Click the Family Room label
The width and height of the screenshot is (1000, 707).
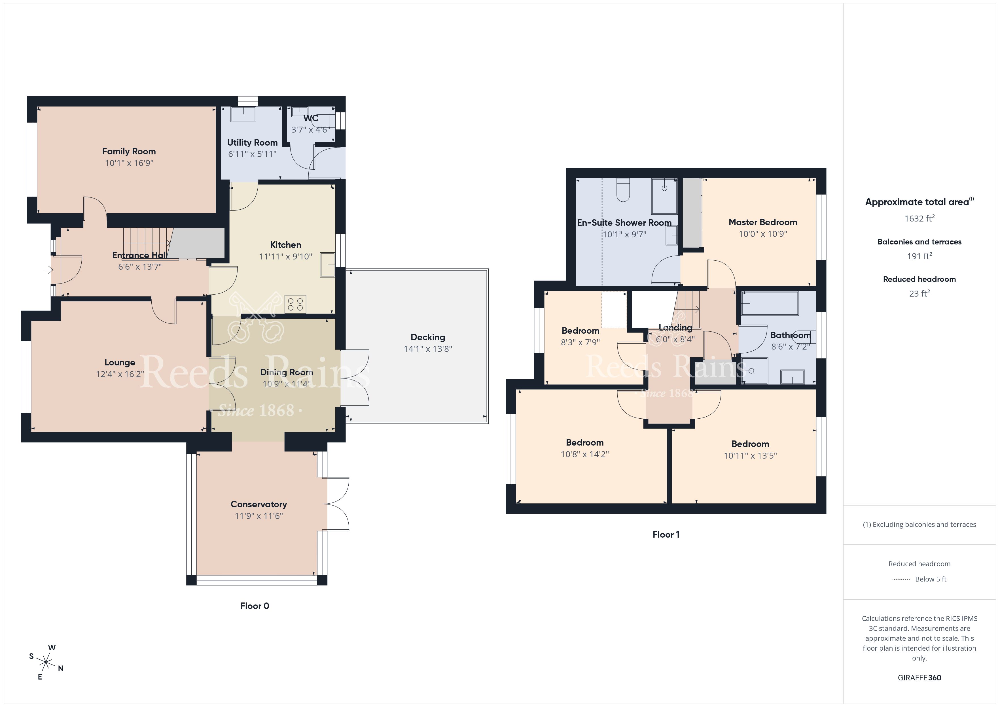pyautogui.click(x=129, y=152)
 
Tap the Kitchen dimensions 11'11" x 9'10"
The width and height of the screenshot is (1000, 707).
pyautogui.click(x=286, y=256)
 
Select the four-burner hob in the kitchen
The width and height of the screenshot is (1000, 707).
pyautogui.click(x=295, y=304)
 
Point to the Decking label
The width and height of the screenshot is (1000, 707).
pyautogui.click(x=428, y=337)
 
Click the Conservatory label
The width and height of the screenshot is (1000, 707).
pyautogui.click(x=259, y=504)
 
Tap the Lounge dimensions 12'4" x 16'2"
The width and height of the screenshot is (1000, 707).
pyautogui.click(x=120, y=374)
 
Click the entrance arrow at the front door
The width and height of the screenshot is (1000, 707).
pyautogui.click(x=49, y=270)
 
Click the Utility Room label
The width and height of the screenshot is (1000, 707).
pyautogui.click(x=252, y=142)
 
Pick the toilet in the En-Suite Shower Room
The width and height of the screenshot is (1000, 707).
pyautogui.click(x=623, y=191)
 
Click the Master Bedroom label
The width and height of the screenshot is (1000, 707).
pyautogui.click(x=763, y=222)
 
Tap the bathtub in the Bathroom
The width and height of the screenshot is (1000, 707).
pyautogui.click(x=770, y=303)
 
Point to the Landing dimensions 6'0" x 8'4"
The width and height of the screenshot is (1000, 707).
pyautogui.click(x=675, y=339)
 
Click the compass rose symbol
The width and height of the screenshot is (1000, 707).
pyautogui.click(x=46, y=663)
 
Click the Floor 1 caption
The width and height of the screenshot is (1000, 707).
pyautogui.click(x=666, y=534)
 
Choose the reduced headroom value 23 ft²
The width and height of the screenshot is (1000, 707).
pyautogui.click(x=920, y=293)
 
